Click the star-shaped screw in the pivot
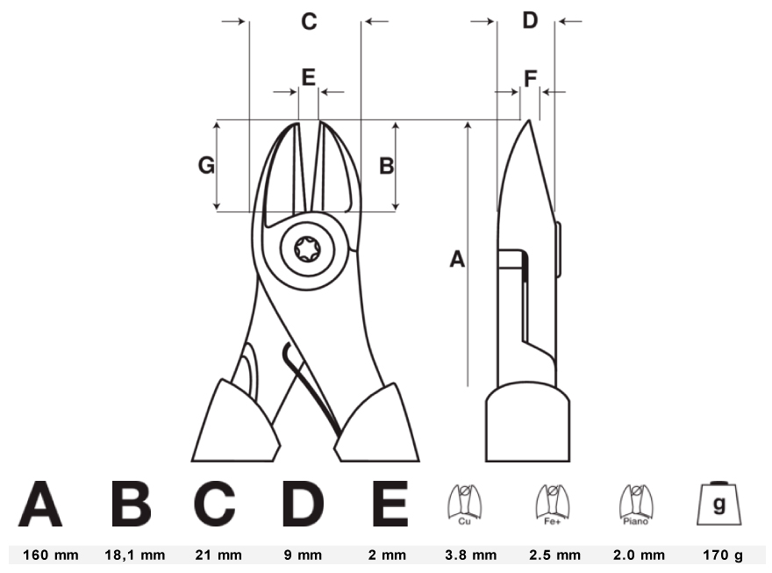pyautogui.click(x=307, y=249)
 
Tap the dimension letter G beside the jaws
pyautogui.click(x=206, y=165)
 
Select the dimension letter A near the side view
pyautogui.click(x=457, y=259)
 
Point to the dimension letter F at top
pyautogui.click(x=530, y=79)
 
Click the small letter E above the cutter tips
pyautogui.click(x=308, y=77)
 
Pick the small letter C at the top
pyautogui.click(x=309, y=22)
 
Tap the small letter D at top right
pyautogui.click(x=530, y=21)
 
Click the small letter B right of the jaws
pyautogui.click(x=387, y=166)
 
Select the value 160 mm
pyautogui.click(x=51, y=555)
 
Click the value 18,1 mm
pyautogui.click(x=135, y=555)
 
